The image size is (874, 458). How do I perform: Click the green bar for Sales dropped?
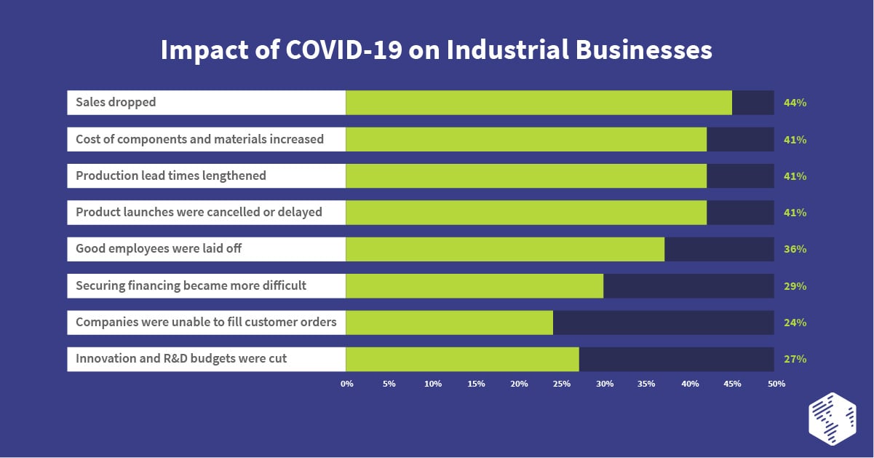tap(539, 103)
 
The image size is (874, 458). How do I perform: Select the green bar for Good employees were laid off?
tap(505, 249)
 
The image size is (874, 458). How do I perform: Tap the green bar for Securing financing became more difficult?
tap(474, 285)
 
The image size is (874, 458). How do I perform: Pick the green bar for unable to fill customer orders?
tap(449, 323)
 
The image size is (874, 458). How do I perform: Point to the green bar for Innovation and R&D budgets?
tap(462, 359)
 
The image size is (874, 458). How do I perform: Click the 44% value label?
tap(795, 103)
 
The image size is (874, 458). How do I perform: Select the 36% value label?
tap(795, 249)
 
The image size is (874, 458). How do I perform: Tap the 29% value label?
tap(795, 286)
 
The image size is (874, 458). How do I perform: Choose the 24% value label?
tap(795, 323)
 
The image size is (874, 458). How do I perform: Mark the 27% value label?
tap(795, 359)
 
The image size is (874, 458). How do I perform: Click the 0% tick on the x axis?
tap(347, 383)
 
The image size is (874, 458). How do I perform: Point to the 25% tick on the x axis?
tap(562, 383)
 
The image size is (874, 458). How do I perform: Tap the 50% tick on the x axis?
tap(776, 383)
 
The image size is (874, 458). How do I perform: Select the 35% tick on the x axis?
tap(648, 383)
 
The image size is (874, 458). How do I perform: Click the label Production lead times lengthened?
tap(171, 175)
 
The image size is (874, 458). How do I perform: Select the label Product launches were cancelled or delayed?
tap(199, 213)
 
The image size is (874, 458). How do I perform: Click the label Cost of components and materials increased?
tap(199, 139)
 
